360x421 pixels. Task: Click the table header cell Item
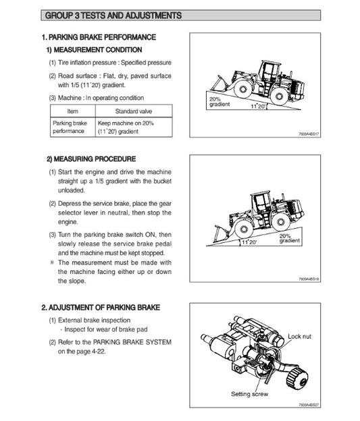(73, 111)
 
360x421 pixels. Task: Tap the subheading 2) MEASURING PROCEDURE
(91, 159)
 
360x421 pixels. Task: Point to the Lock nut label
(302, 336)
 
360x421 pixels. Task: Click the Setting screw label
(251, 393)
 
